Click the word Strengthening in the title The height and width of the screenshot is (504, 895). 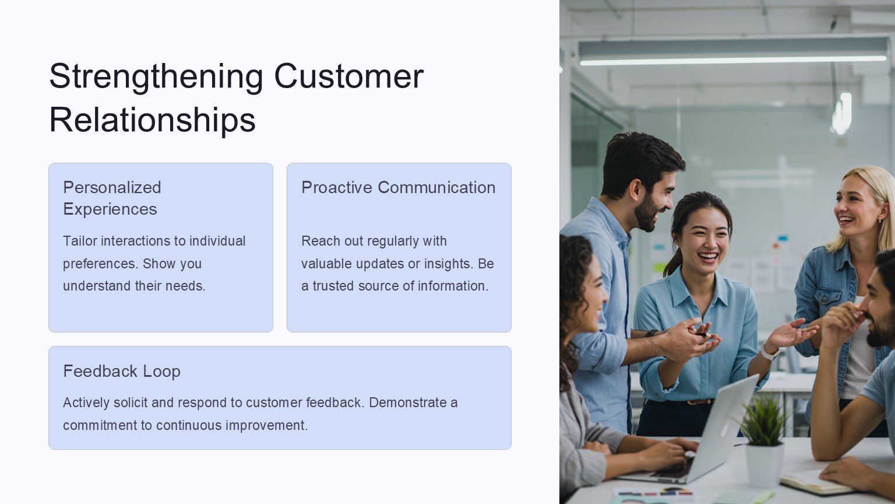pos(156,76)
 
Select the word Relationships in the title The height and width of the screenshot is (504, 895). pos(152,120)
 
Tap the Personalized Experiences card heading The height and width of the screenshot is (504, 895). pos(112,198)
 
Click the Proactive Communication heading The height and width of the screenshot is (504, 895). pos(399,187)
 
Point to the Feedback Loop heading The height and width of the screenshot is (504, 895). pos(122,371)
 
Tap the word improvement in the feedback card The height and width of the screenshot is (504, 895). pos(266,425)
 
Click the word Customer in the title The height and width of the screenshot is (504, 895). pos(349,76)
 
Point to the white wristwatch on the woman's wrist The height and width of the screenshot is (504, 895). pos(769,352)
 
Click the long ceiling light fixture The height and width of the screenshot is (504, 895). pos(733,51)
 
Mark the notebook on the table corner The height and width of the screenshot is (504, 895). pos(815,482)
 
